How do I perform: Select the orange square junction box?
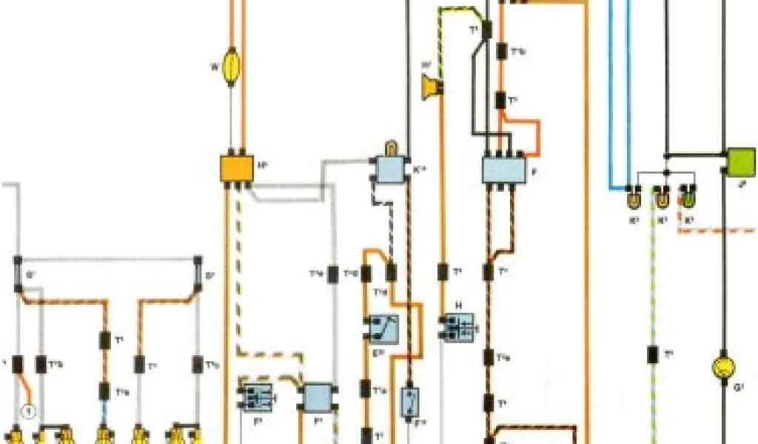tap(236, 168)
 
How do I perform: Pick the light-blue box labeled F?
tap(503, 170)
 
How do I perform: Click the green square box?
tap(741, 161)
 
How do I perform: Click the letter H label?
tap(459, 305)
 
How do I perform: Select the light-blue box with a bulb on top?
tap(389, 169)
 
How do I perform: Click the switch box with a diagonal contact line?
tap(383, 327)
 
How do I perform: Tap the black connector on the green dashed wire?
tap(652, 354)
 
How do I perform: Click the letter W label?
tap(214, 68)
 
